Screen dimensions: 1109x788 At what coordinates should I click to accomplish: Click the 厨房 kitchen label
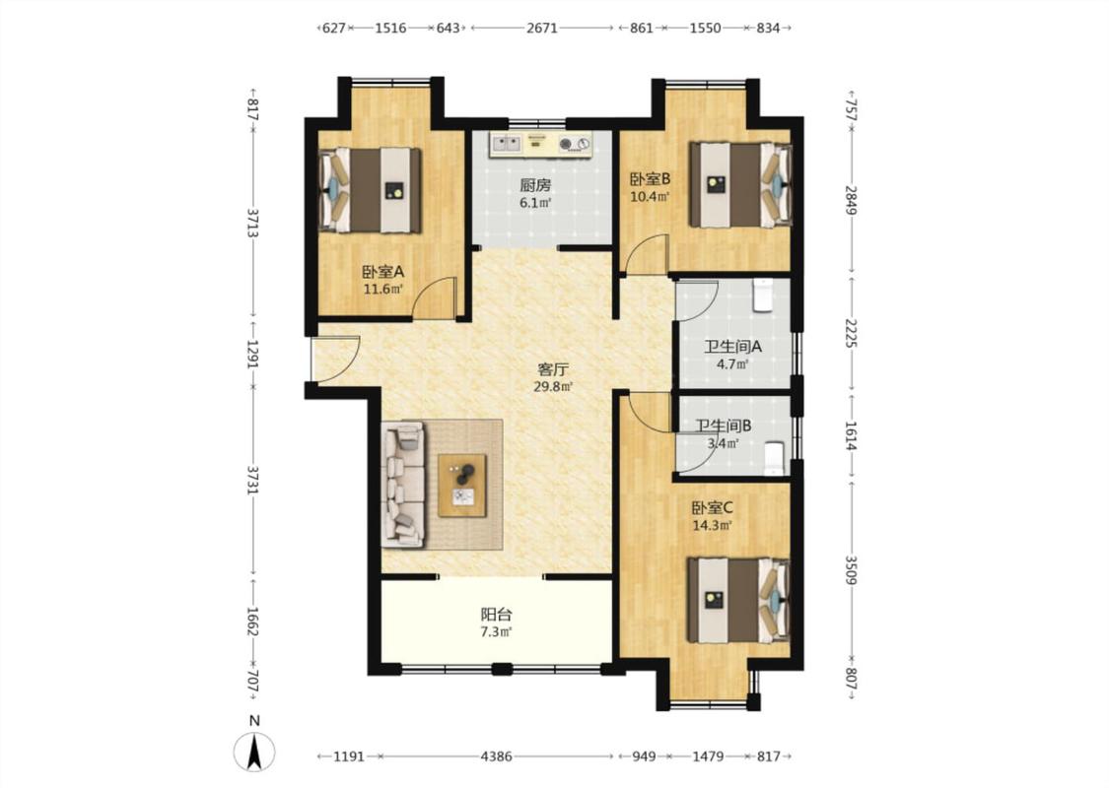click(x=534, y=185)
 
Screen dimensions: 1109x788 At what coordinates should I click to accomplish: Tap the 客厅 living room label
click(x=552, y=369)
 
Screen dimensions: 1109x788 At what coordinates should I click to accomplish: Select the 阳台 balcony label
click(x=496, y=615)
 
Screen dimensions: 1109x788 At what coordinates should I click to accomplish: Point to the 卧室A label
click(x=382, y=272)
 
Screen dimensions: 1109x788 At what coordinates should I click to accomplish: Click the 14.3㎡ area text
click(x=712, y=525)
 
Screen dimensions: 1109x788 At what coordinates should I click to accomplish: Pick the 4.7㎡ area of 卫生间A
click(x=732, y=364)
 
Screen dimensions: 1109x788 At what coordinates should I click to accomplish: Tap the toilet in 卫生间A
click(x=762, y=295)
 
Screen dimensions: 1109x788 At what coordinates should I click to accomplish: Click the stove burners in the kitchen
click(x=574, y=145)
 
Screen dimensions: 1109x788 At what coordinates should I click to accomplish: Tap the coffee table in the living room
click(x=462, y=486)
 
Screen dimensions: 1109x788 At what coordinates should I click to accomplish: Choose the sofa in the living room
click(x=403, y=484)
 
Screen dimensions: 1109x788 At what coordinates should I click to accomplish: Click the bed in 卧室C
click(x=738, y=600)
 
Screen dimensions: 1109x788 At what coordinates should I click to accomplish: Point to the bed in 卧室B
click(x=740, y=185)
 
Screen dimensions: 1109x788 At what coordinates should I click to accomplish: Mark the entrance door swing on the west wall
click(x=336, y=359)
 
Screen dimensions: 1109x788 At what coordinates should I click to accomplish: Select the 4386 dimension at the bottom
click(x=496, y=756)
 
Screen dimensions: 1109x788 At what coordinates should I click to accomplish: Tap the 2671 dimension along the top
click(x=542, y=29)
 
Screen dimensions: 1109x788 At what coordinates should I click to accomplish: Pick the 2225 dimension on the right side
click(x=850, y=332)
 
